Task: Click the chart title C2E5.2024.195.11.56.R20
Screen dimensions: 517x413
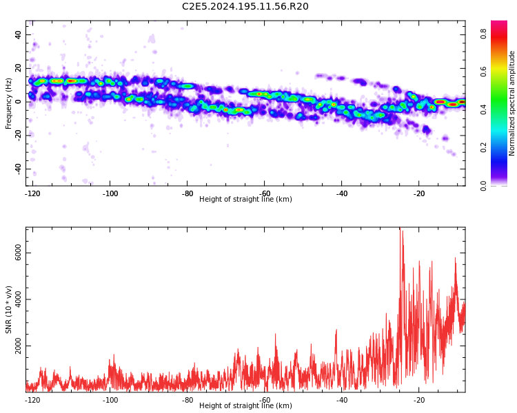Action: click(x=245, y=6)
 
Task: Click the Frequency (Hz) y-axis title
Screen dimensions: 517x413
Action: click(x=8, y=103)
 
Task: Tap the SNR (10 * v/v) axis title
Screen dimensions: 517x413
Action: click(x=8, y=310)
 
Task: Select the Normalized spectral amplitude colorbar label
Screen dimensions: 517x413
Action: click(x=511, y=103)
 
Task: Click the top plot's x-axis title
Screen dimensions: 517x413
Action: click(x=245, y=199)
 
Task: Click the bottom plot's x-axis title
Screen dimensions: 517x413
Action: click(x=245, y=405)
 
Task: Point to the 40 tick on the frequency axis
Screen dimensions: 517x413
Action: click(x=18, y=34)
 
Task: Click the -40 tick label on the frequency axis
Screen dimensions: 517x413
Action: click(x=18, y=169)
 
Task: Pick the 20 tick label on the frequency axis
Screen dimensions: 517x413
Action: click(x=18, y=68)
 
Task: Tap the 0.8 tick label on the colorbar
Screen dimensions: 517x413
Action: click(x=483, y=33)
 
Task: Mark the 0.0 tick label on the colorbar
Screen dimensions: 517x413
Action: click(x=483, y=185)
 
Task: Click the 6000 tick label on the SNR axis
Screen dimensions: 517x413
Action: click(x=18, y=253)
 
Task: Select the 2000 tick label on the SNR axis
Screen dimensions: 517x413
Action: click(x=18, y=346)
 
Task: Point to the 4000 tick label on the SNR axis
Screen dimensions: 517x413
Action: click(x=18, y=299)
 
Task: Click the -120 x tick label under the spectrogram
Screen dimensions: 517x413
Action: click(x=32, y=193)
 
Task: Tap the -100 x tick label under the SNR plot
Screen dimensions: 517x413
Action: click(x=110, y=400)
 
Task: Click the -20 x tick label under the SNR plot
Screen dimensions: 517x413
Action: click(x=418, y=400)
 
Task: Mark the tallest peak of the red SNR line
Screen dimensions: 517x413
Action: click(x=400, y=228)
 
